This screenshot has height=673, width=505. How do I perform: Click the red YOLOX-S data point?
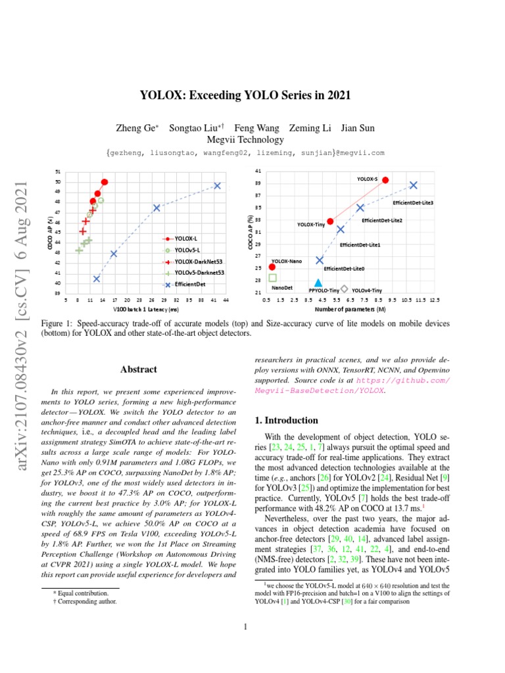coord(385,179)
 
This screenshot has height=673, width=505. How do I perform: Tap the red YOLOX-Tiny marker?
coord(330,221)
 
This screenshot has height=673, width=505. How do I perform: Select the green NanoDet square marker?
coord(273,278)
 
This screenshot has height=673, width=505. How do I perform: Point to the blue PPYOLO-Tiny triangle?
coord(318,283)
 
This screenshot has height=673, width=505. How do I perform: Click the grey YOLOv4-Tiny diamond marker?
coord(345,289)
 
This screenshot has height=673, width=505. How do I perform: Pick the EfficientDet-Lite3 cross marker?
coord(413,185)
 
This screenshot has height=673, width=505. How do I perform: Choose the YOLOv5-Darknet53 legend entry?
coord(193,273)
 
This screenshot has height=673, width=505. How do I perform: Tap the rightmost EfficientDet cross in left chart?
coord(217,186)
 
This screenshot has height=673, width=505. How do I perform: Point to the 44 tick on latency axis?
coord(226,300)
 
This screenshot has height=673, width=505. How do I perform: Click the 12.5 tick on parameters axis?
coord(435,300)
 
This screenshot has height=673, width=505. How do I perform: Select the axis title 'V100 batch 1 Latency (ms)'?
coord(146,309)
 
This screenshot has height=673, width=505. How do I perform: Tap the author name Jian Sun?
coord(361,128)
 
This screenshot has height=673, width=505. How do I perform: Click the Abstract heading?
coord(138,369)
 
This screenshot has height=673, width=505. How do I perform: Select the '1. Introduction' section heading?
coord(287,421)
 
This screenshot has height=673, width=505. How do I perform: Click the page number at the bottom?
coord(245,627)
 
